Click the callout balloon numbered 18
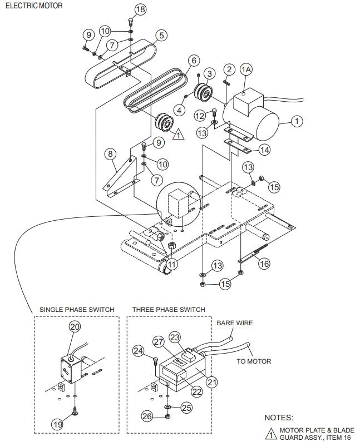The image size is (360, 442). click(x=125, y=9)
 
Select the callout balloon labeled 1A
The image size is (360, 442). click(x=246, y=69)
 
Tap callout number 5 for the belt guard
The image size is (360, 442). click(x=161, y=36)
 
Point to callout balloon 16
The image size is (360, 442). click(x=264, y=264)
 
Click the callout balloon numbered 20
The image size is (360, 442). click(x=74, y=327)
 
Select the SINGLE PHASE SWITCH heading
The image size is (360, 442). click(x=77, y=309)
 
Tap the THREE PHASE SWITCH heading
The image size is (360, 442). click(x=169, y=309)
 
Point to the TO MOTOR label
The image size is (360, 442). click(x=254, y=361)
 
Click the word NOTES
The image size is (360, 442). click(x=278, y=417)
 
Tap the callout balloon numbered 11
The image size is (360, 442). click(x=172, y=264)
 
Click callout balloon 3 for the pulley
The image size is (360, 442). click(x=209, y=73)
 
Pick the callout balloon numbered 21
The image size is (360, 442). click(x=212, y=382)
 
